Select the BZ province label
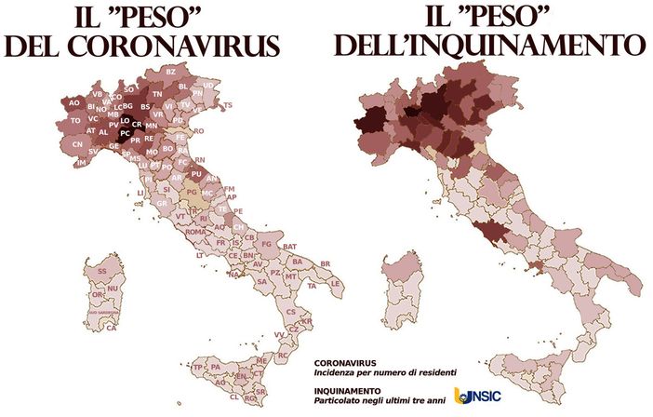(x=170, y=72)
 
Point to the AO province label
(x=74, y=102)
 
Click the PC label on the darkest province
(x=125, y=133)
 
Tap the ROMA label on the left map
(x=195, y=232)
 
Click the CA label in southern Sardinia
(x=111, y=328)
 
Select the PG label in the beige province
(x=192, y=193)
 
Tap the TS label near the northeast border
(x=228, y=105)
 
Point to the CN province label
(x=77, y=145)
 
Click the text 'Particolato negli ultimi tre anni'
(x=380, y=400)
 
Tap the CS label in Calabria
(x=290, y=312)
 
